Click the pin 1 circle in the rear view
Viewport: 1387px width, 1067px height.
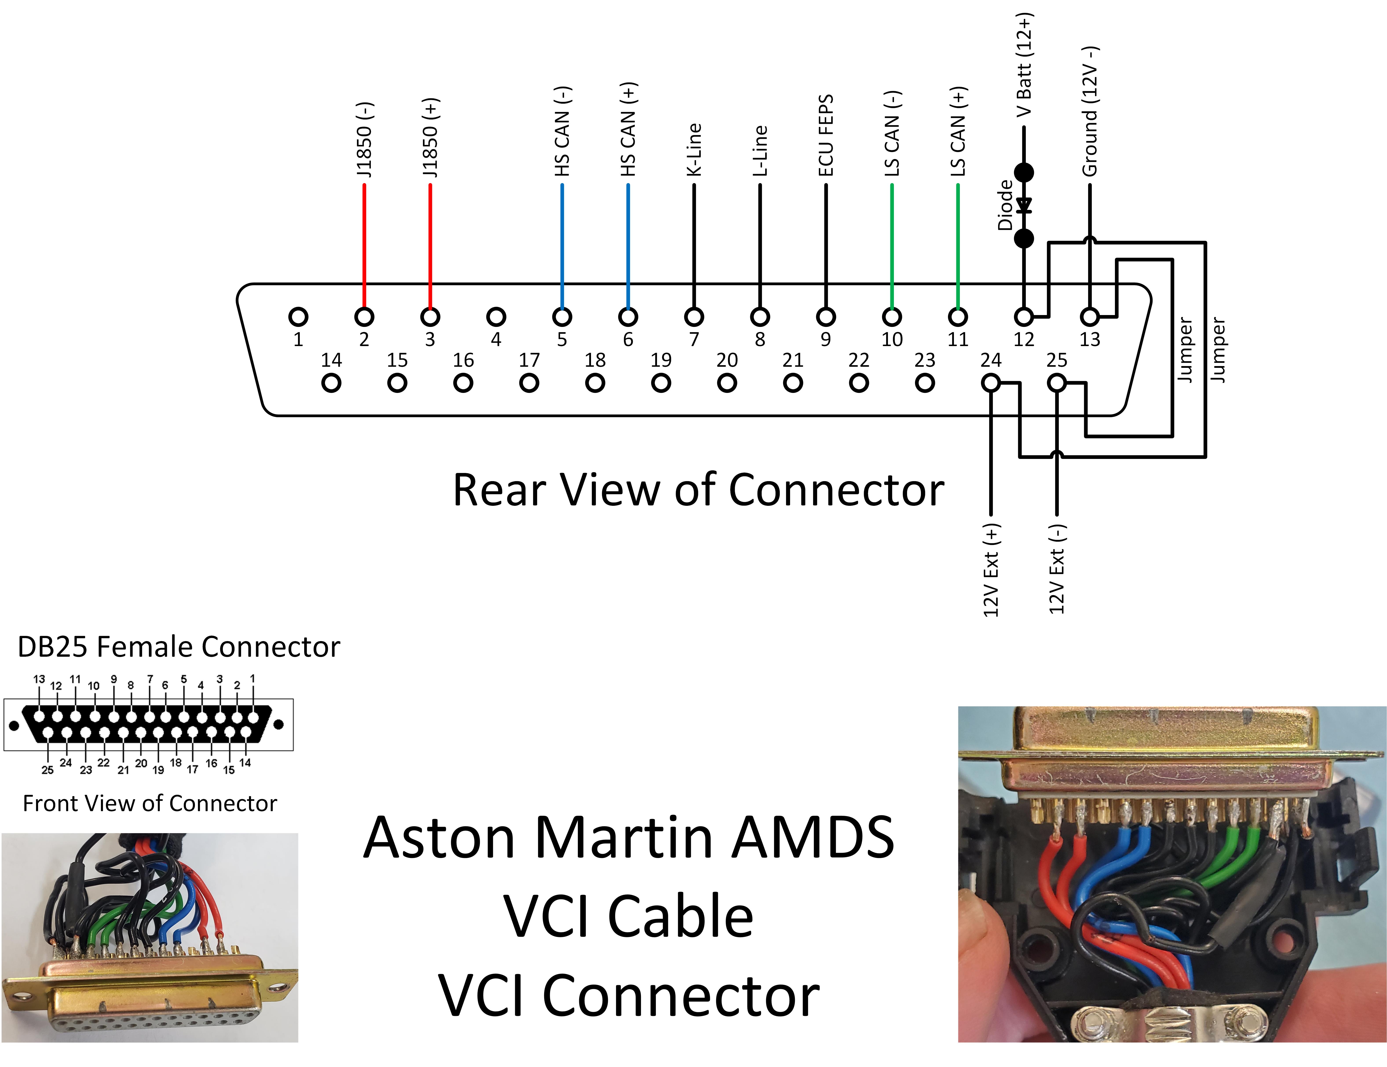tap(298, 316)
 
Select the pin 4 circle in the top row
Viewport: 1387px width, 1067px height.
tap(496, 316)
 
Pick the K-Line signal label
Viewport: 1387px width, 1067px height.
tap(694, 150)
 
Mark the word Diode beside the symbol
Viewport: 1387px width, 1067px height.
tap(1005, 205)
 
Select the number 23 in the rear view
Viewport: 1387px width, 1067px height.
tap(925, 360)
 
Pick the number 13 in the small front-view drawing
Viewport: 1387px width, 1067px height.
tap(39, 679)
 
